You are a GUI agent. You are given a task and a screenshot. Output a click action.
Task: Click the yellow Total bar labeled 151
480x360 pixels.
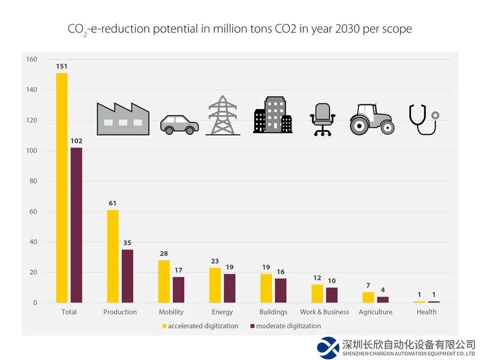pyautogui.click(x=62, y=188)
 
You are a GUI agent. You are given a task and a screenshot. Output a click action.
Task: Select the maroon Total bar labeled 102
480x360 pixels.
pyautogui.click(x=76, y=225)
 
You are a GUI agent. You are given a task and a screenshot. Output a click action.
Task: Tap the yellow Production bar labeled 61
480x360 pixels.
pyautogui.click(x=113, y=256)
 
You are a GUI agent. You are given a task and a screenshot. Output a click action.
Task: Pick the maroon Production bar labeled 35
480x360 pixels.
pyautogui.click(x=127, y=276)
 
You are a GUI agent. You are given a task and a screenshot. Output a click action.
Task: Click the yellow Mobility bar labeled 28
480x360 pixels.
pyautogui.click(x=164, y=281)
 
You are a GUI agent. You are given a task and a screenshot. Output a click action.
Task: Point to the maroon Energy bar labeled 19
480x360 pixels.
pyautogui.click(x=230, y=288)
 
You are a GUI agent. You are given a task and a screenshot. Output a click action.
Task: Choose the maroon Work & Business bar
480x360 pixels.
pyautogui.click(x=332, y=295)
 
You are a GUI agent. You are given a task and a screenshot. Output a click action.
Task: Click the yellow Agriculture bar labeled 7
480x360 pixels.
pyautogui.click(x=368, y=298)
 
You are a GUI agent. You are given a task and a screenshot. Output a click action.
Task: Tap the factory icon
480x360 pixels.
pyautogui.click(x=123, y=119)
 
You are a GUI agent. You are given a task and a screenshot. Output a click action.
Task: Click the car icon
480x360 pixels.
pyautogui.click(x=179, y=124)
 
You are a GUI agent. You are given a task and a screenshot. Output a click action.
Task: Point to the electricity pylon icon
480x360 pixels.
pyautogui.click(x=223, y=115)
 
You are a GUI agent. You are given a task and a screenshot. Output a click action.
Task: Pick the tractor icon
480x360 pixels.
pyautogui.click(x=372, y=119)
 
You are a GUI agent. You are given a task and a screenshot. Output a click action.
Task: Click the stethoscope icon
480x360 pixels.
pyautogui.click(x=423, y=119)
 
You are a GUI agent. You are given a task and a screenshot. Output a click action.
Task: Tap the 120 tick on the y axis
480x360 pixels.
pyautogui.click(x=31, y=121)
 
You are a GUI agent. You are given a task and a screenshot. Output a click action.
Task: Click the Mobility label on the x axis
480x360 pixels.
pyautogui.click(x=171, y=312)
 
